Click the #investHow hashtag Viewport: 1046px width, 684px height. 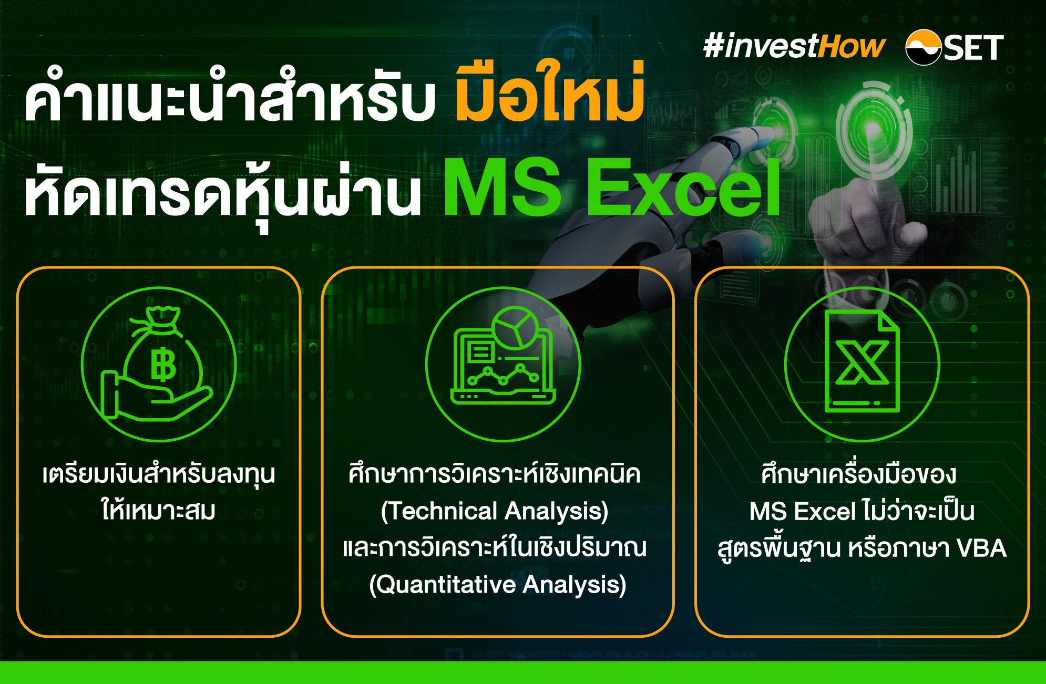[x=794, y=46]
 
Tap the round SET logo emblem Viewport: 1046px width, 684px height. [x=924, y=47]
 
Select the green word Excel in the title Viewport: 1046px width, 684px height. [x=683, y=187]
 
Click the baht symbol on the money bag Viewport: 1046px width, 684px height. [x=163, y=364]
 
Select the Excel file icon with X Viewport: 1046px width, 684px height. [x=862, y=361]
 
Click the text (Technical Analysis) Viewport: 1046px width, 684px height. [x=495, y=511]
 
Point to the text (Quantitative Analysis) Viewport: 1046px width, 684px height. [x=498, y=585]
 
